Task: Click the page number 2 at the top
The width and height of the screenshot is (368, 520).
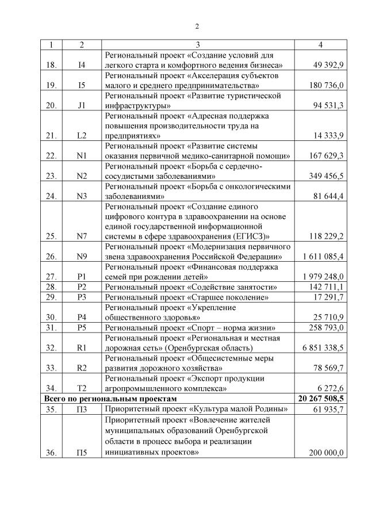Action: coord(197,26)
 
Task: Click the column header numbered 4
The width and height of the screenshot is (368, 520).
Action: coord(320,44)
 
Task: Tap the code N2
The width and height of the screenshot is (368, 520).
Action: coord(82,176)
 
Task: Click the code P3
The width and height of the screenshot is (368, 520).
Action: coord(82,297)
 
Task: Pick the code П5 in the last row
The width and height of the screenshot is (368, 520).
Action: coord(82,453)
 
